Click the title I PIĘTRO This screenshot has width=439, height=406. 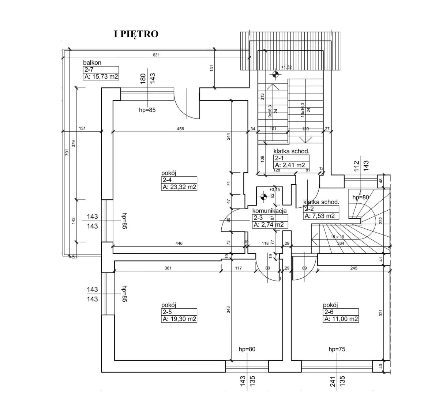(x=136, y=34)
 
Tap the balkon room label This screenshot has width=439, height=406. (x=92, y=63)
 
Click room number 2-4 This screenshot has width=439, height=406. (x=166, y=180)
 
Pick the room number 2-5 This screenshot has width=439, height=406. (x=166, y=312)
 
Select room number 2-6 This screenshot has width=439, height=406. (x=328, y=312)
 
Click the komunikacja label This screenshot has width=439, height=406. (x=269, y=211)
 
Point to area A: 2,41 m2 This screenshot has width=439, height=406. (x=290, y=165)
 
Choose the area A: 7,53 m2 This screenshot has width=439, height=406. (x=320, y=216)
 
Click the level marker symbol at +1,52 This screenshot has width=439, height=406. (x=275, y=75)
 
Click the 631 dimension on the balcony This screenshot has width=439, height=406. (x=156, y=55)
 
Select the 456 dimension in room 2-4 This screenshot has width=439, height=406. (x=180, y=129)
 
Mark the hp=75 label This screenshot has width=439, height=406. (x=337, y=349)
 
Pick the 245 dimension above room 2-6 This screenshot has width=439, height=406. (x=353, y=268)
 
